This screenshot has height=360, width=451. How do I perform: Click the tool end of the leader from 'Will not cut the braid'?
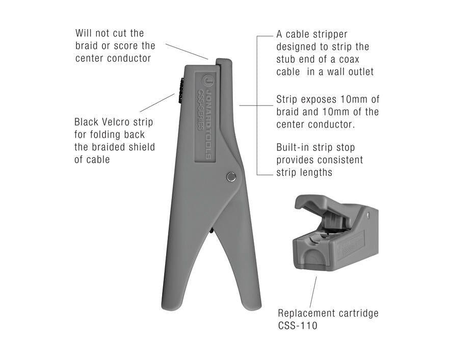(208, 59)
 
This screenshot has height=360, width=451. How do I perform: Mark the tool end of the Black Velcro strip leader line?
(175, 94)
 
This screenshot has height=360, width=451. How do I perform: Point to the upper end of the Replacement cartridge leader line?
(316, 277)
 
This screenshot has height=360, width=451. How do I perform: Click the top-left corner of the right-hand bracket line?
(257, 36)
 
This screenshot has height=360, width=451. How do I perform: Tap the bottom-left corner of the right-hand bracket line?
(257, 175)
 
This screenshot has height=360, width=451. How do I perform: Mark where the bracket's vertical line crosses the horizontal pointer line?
(257, 106)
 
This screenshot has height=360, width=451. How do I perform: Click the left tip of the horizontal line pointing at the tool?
(240, 106)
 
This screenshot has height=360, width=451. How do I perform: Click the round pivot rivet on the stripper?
(231, 177)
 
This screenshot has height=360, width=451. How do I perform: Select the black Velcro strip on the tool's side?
(181, 91)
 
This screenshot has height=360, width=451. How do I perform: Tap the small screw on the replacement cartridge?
(368, 215)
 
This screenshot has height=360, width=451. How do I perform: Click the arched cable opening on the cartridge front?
(313, 256)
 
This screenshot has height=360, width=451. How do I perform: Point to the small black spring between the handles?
(211, 230)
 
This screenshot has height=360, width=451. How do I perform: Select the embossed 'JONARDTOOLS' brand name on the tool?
(208, 123)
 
